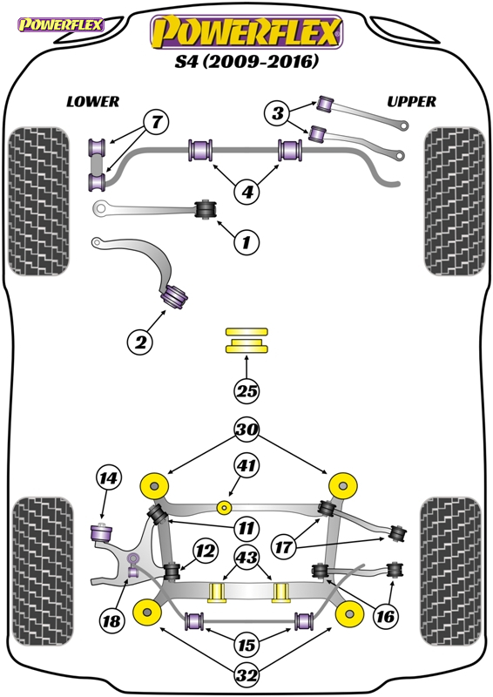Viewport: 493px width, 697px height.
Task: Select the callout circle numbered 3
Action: click(x=278, y=112)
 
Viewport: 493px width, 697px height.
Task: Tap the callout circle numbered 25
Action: click(x=247, y=392)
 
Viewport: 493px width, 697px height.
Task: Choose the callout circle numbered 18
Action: click(x=111, y=621)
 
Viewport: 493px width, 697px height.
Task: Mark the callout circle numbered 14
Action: click(x=107, y=478)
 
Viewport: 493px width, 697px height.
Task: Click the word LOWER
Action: click(x=92, y=102)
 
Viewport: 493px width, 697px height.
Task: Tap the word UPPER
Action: click(x=411, y=102)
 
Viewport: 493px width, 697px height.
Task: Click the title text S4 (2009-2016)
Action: click(x=247, y=62)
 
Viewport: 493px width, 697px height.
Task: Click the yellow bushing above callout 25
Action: click(x=247, y=342)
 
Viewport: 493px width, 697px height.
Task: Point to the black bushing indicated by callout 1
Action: click(x=207, y=209)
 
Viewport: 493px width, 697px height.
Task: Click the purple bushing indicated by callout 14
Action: click(x=105, y=529)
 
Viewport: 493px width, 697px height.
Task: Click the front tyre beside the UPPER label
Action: click(x=453, y=201)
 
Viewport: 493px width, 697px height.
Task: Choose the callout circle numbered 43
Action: click(x=247, y=557)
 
